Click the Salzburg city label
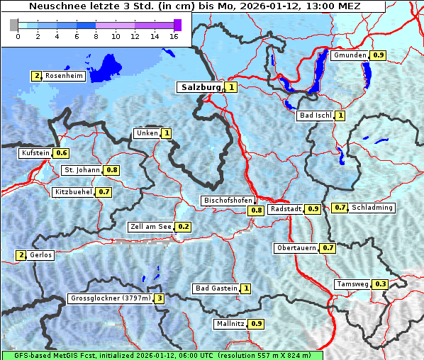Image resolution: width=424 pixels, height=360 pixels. click(201, 87)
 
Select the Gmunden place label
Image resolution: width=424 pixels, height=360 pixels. click(350, 55)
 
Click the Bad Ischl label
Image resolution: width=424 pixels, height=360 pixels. click(316, 116)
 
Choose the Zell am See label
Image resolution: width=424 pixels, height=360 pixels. click(151, 227)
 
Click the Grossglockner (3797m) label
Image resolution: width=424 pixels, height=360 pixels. click(111, 298)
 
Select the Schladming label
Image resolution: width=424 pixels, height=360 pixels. click(372, 208)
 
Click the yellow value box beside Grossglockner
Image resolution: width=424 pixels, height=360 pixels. click(160, 298)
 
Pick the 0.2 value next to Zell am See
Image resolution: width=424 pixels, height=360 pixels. click(184, 227)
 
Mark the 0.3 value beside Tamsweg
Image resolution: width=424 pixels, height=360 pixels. click(381, 284)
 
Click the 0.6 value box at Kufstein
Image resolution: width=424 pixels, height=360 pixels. click(62, 153)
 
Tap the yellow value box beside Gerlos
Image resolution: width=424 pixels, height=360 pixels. click(21, 255)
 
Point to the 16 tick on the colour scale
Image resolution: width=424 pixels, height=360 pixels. click(173, 36)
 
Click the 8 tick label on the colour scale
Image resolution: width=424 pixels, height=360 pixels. click(96, 36)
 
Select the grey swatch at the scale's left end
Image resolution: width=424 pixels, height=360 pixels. click(13, 25)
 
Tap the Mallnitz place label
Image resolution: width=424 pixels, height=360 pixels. click(230, 324)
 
